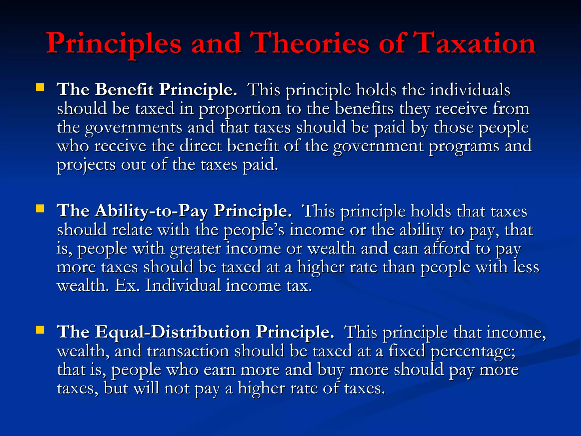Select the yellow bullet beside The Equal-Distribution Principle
(x=40, y=330)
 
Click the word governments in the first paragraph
(x=133, y=128)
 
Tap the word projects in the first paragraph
(x=86, y=165)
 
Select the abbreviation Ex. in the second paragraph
(x=127, y=286)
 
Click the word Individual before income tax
(x=183, y=286)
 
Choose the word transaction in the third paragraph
(x=188, y=351)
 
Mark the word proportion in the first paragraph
(x=239, y=109)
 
